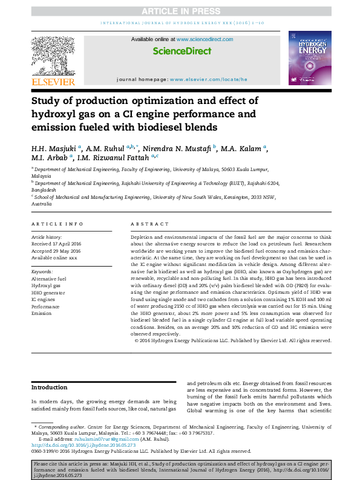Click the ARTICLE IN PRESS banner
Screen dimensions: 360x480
pos(180,11)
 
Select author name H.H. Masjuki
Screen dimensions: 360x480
pos(53,148)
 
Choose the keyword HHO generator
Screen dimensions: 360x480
pos(49,292)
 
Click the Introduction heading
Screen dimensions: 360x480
pos(50,388)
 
